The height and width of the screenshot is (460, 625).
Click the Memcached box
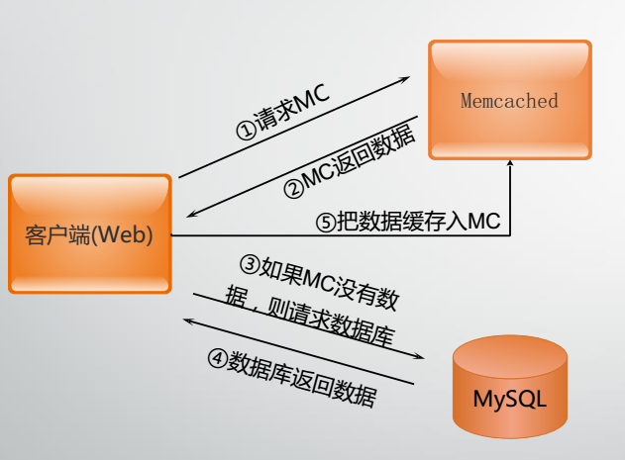510,99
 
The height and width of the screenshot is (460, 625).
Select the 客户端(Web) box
90,233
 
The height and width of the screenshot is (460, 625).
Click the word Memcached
510,101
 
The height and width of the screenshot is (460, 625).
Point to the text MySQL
510,402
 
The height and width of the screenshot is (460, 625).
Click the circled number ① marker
245,130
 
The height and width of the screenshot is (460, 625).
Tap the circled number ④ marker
217,359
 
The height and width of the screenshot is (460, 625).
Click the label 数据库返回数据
302,380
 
